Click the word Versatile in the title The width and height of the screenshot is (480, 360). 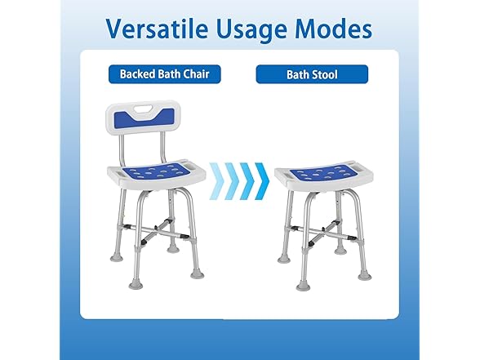tap(158, 28)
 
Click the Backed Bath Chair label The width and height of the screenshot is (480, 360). tap(165, 74)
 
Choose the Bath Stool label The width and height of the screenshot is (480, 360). tap(312, 74)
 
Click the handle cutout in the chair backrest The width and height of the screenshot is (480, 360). tap(144, 109)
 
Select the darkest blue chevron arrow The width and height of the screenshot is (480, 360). tap(262, 181)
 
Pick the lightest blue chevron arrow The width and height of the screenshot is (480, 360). tap(217, 181)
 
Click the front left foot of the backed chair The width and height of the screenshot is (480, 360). tap(135, 283)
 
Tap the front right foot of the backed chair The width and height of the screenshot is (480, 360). tap(198, 273)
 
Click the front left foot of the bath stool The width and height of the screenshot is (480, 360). tap(303, 285)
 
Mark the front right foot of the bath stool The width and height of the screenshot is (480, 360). tap(365, 275)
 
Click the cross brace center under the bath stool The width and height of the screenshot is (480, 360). tap(324, 232)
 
